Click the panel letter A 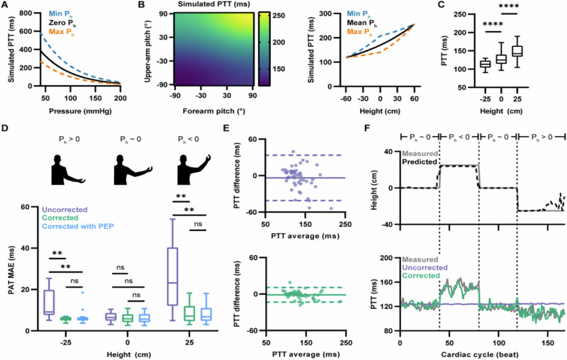point(6,6)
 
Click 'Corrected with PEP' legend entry point(80,230)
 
